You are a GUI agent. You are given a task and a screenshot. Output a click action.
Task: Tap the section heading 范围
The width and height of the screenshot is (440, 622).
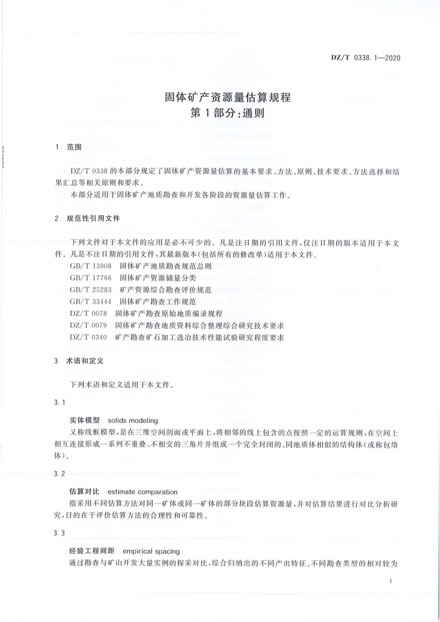(x=74, y=147)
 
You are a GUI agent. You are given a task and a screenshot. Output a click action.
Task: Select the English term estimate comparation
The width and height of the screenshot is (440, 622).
(x=142, y=491)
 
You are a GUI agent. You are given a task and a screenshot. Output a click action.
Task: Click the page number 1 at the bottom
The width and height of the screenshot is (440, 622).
(x=391, y=581)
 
